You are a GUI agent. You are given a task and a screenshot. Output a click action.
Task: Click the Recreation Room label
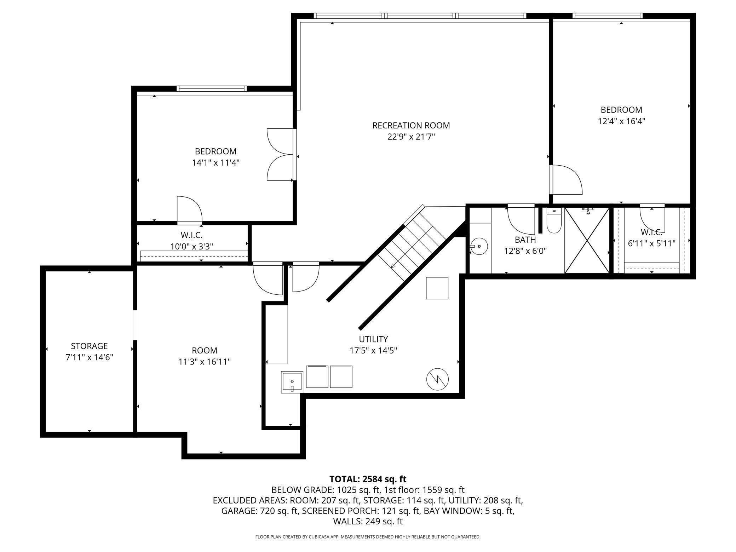[x=411, y=125]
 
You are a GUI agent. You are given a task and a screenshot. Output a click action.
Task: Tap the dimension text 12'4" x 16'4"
[x=621, y=121]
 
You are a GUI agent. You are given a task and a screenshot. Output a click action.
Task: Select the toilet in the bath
[x=554, y=221]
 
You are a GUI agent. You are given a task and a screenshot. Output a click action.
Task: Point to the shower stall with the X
[x=587, y=241]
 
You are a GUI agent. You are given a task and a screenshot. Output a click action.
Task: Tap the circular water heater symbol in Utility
[x=437, y=379]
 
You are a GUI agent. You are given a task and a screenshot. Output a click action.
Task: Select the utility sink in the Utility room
[x=292, y=382]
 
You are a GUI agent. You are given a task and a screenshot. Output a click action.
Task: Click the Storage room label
[x=89, y=346]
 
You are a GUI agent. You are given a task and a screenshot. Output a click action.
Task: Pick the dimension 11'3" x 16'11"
[x=205, y=362]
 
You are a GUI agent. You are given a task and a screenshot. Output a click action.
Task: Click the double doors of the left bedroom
[x=282, y=155]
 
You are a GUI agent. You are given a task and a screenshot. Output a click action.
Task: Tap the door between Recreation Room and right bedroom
[x=565, y=180]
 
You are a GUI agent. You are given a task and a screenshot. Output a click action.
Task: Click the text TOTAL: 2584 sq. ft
[x=368, y=479]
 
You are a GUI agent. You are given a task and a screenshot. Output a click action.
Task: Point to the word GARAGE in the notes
[x=239, y=511]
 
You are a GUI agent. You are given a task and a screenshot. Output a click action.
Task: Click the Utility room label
[x=373, y=339]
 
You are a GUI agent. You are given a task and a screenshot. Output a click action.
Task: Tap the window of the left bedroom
[x=211, y=88]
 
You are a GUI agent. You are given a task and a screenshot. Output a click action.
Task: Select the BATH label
[x=525, y=240]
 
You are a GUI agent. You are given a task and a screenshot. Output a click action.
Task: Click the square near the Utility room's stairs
[x=437, y=288]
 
